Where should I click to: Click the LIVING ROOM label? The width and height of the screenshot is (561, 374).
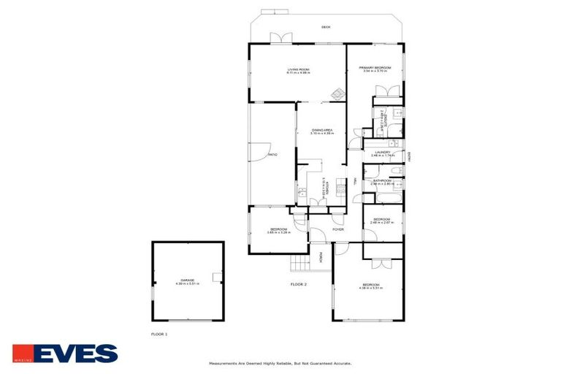tap(297, 69)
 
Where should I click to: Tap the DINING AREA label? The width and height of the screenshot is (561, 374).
tap(321, 129)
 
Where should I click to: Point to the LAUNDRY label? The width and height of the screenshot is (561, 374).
tap(382, 152)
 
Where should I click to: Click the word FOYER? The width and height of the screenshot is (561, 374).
tap(338, 229)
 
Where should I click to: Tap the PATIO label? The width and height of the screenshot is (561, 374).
tap(272, 155)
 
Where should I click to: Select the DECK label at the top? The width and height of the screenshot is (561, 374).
tap(326, 27)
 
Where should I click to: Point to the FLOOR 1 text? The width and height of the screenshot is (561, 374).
tap(158, 334)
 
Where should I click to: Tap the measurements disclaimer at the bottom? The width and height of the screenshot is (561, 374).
tap(280, 362)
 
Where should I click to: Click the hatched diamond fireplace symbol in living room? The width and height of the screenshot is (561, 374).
tap(337, 93)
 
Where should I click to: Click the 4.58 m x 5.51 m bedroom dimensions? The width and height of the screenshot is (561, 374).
tap(370, 288)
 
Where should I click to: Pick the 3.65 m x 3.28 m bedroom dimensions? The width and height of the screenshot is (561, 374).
tap(278, 232)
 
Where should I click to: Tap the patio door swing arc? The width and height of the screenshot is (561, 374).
tap(259, 151)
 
